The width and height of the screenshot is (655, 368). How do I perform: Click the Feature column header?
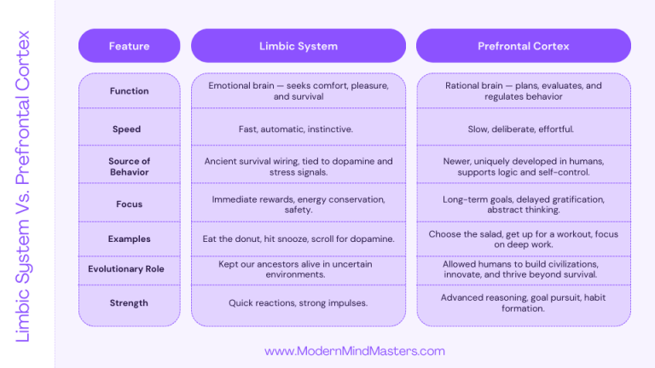pyautogui.click(x=129, y=46)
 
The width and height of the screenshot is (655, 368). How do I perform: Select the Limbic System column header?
pyautogui.click(x=298, y=46)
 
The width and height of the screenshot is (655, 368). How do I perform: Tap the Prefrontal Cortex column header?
pyautogui.click(x=523, y=46)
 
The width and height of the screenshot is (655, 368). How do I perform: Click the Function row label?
pyautogui.click(x=129, y=91)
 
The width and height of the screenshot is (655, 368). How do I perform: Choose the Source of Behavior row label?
pyautogui.click(x=129, y=166)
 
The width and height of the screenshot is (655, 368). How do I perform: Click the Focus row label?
pyautogui.click(x=129, y=204)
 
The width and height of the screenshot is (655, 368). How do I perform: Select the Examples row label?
pyautogui.click(x=129, y=239)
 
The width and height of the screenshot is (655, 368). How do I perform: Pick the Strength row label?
pyautogui.click(x=129, y=303)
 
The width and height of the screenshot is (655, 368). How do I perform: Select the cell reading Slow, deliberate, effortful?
pyautogui.click(x=520, y=129)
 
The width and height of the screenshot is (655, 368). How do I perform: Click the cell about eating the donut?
pyautogui.click(x=298, y=239)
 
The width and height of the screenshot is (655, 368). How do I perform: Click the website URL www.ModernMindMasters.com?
pyautogui.click(x=355, y=351)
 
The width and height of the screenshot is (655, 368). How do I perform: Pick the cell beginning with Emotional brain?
pyautogui.click(x=298, y=91)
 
